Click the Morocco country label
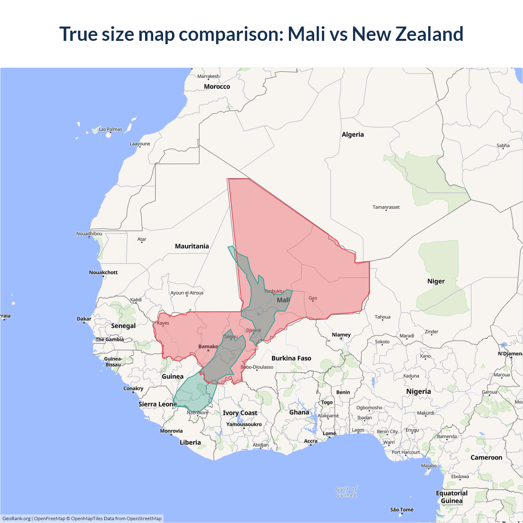point(217,87)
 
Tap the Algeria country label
point(353,134)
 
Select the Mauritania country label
point(192,246)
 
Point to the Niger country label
point(436,281)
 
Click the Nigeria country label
point(418,391)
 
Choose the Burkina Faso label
point(291,358)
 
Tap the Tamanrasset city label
point(386,207)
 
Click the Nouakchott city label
point(103,273)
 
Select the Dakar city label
point(84,319)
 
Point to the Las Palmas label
point(110,129)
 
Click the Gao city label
point(313,298)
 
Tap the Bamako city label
point(208,346)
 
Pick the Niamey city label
point(341,335)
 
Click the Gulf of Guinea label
point(346,492)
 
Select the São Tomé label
point(402,510)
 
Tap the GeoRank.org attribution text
point(16,519)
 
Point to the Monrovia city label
point(171,431)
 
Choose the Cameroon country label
point(486,458)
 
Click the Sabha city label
point(503,145)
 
